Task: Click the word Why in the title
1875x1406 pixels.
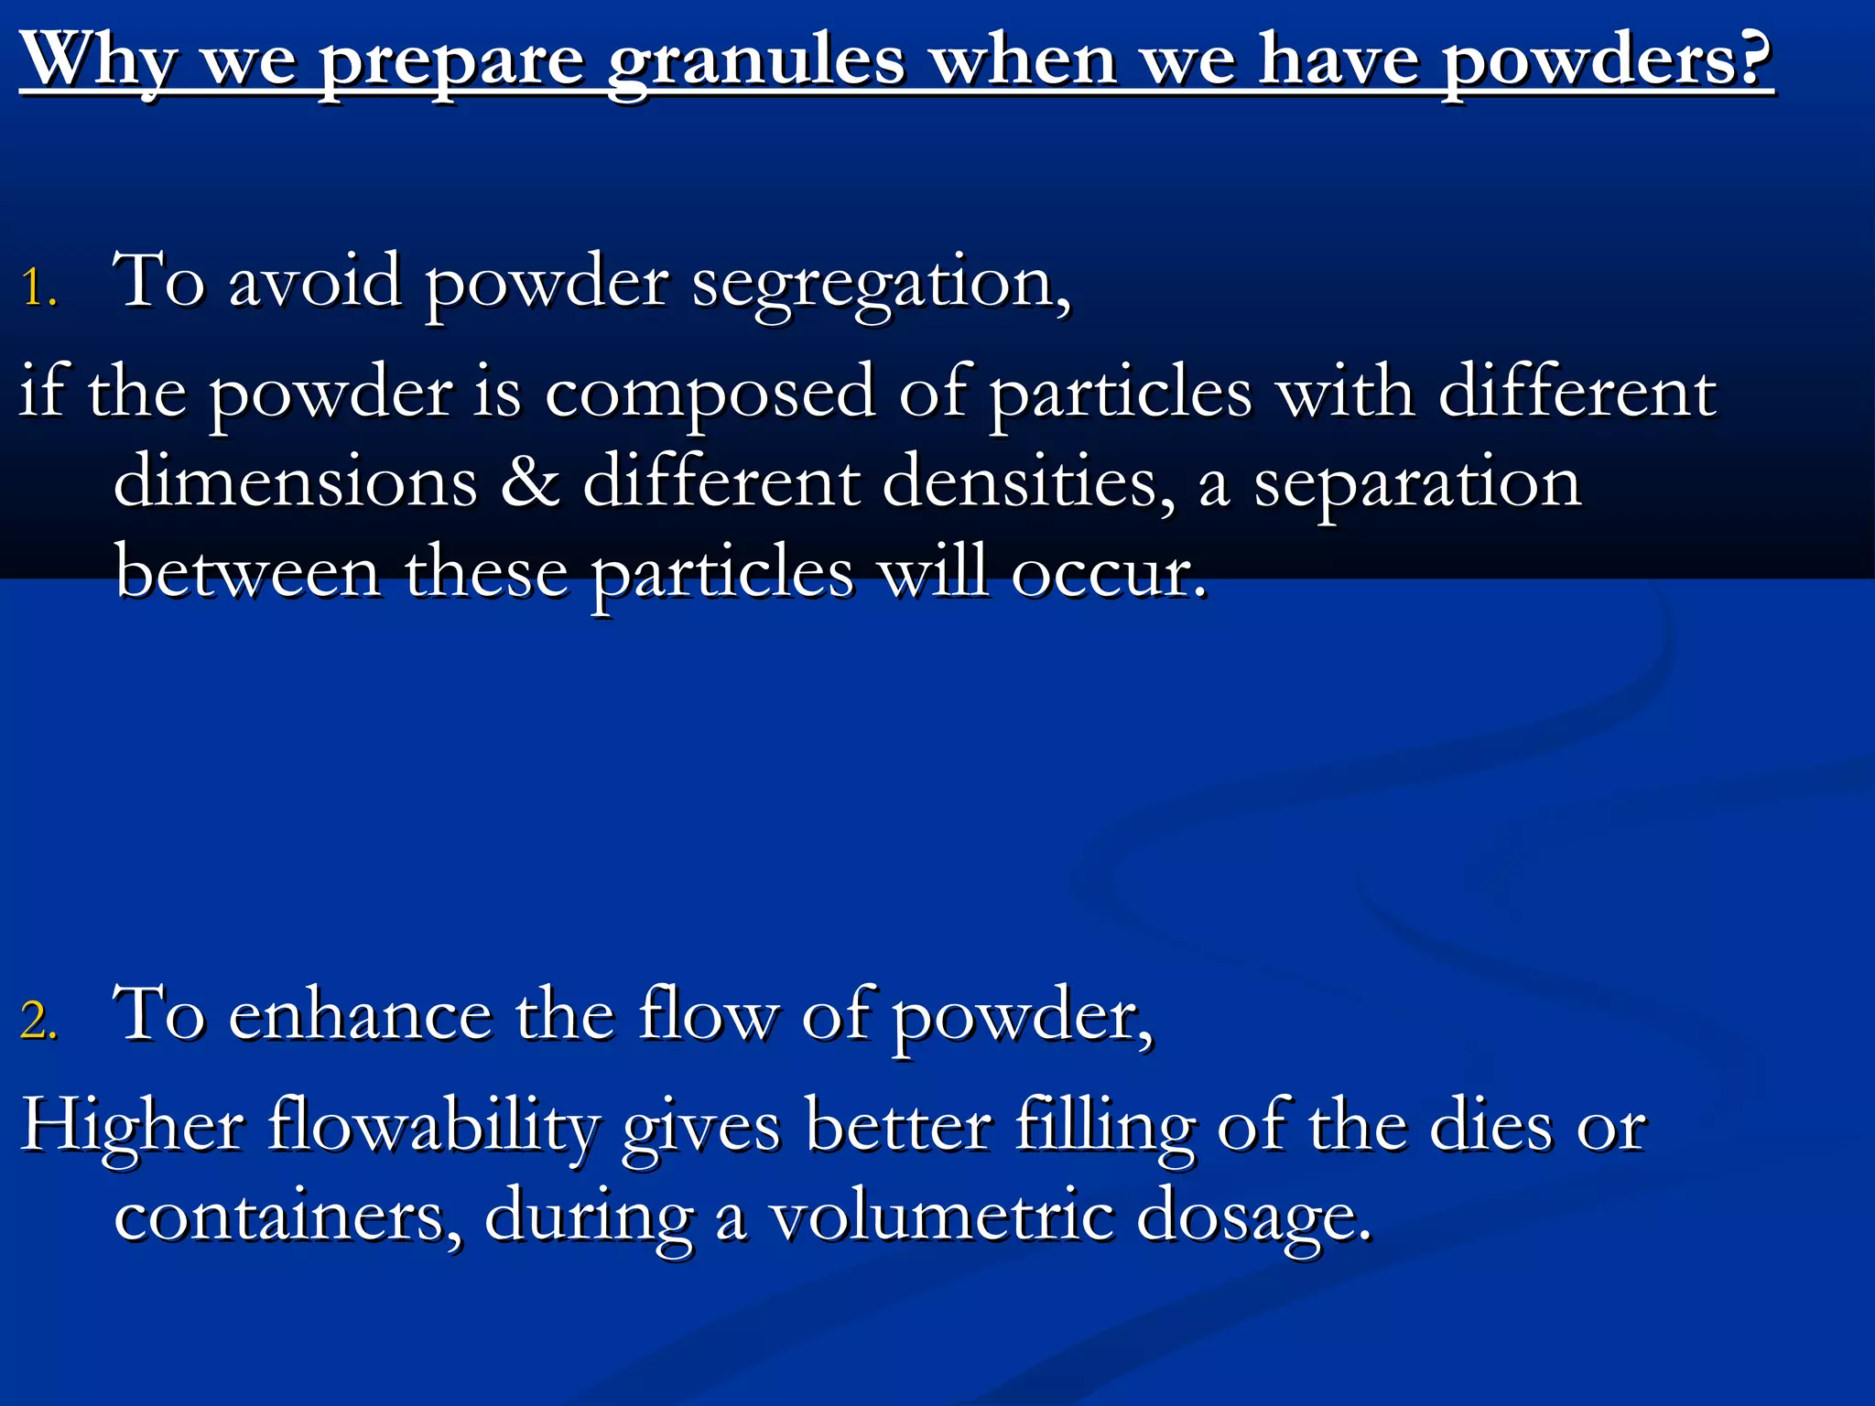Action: click(99, 60)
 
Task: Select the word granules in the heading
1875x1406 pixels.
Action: click(756, 64)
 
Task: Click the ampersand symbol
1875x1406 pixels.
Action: click(529, 481)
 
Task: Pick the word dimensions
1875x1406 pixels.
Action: click(295, 481)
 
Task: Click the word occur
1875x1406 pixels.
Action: click(1110, 573)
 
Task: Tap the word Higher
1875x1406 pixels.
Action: click(132, 1126)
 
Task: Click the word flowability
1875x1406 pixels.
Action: click(434, 1126)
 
